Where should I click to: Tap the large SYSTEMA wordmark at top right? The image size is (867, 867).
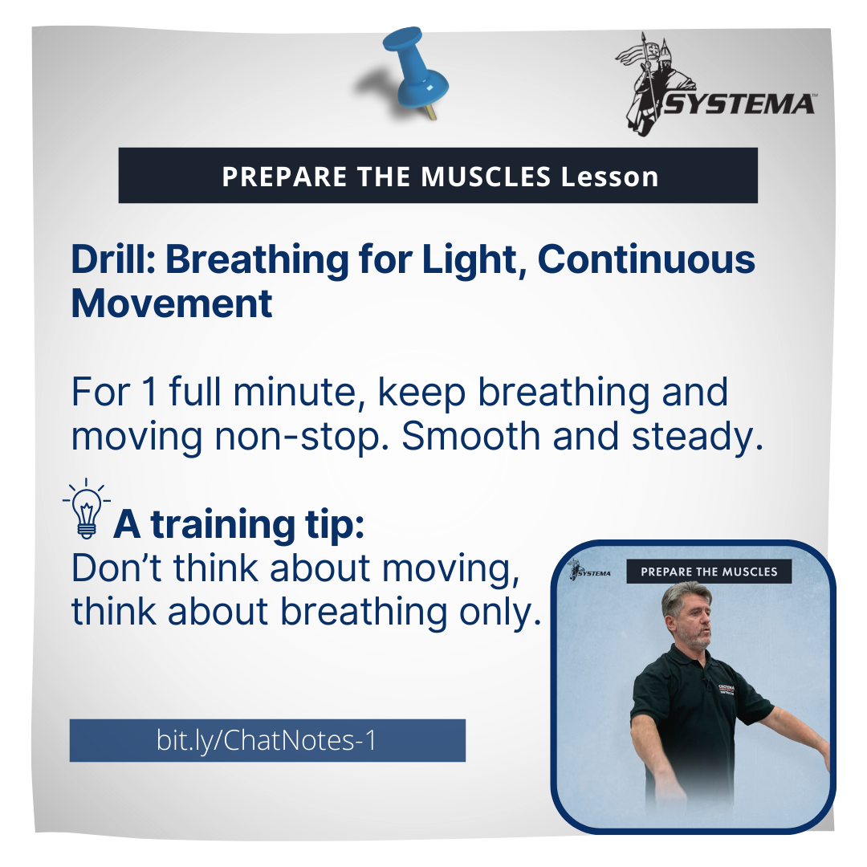click(x=739, y=104)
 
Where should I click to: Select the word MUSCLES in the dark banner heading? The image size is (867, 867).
click(x=486, y=177)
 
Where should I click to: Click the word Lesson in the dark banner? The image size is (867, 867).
click(x=609, y=177)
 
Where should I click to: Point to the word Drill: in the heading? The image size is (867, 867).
click(x=113, y=259)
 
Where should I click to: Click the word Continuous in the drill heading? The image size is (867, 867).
click(x=646, y=259)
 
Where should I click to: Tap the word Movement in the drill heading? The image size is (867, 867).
click(x=172, y=303)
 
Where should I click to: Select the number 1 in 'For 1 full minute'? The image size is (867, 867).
click(x=149, y=392)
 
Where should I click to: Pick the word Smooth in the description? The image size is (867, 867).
click(x=470, y=436)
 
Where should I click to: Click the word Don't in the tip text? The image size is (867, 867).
click(x=116, y=568)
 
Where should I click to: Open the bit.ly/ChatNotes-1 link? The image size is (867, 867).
click(x=267, y=740)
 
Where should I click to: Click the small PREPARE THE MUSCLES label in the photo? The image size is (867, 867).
click(x=709, y=572)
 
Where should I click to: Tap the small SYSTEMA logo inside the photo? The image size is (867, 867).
click(x=590, y=570)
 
